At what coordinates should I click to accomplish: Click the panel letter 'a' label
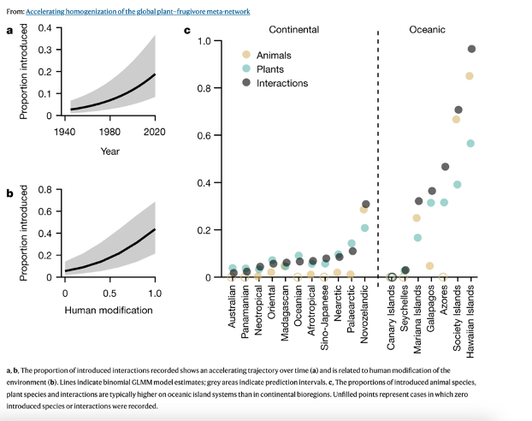(x=9, y=31)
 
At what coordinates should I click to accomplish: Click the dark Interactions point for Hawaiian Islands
(x=471, y=49)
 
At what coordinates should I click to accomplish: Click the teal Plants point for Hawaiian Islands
(x=470, y=143)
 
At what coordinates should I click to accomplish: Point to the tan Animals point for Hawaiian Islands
(x=470, y=76)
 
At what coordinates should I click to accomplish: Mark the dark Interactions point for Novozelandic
(x=366, y=205)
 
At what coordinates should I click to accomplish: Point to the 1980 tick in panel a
(x=109, y=132)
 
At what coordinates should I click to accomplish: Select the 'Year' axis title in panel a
(x=109, y=151)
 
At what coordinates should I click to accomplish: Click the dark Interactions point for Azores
(x=445, y=167)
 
